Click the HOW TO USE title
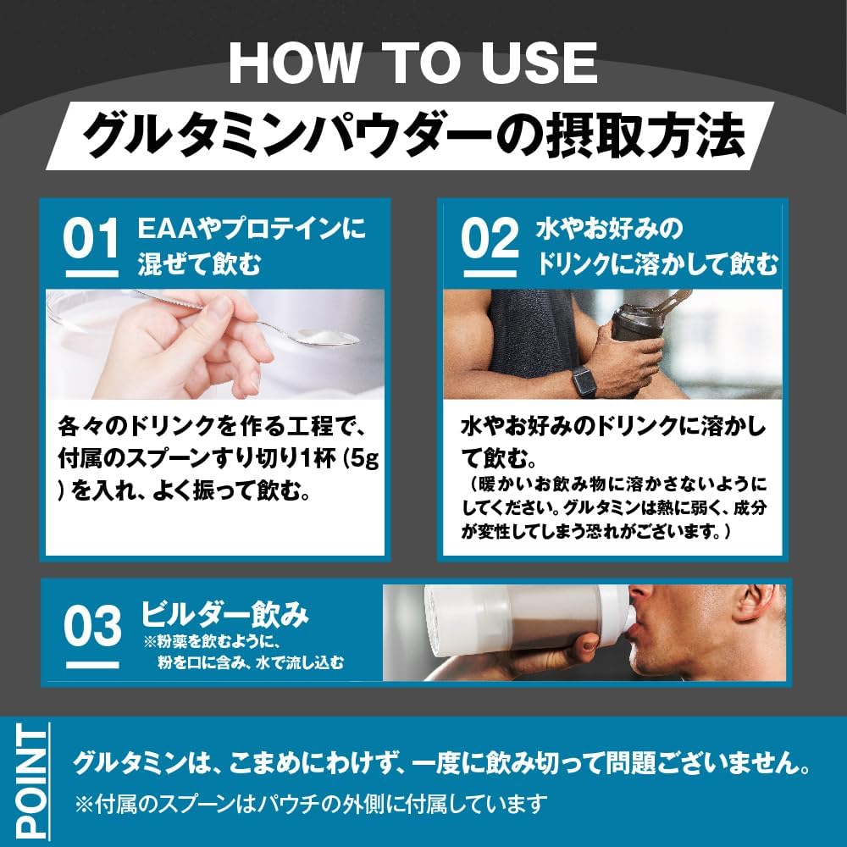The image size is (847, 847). coord(413,64)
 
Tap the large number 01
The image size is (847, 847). coord(91,239)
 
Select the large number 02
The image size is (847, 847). coord(490,239)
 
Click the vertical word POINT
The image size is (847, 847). coord(31,781)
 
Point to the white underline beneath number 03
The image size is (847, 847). coord(92,666)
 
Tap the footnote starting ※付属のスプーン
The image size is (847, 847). coord(311,805)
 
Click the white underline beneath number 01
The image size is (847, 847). coord(91,274)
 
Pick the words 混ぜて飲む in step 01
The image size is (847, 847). coord(199,264)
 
